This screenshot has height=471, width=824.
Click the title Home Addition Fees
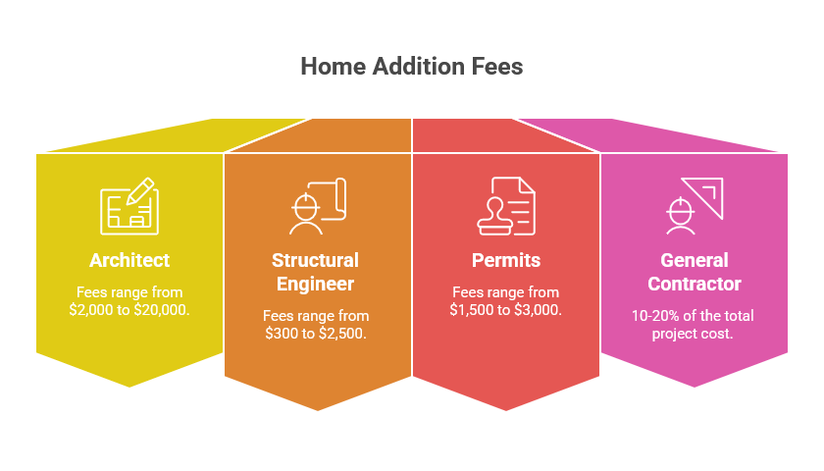point(411,67)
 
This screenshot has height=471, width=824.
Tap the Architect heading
point(129,260)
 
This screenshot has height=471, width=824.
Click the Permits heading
point(505,260)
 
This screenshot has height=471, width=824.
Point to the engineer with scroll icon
point(317,205)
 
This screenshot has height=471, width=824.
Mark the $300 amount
point(284,333)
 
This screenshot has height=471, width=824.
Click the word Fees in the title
point(496,67)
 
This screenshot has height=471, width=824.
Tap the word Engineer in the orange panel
point(315,285)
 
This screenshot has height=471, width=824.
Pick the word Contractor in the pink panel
point(694,285)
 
